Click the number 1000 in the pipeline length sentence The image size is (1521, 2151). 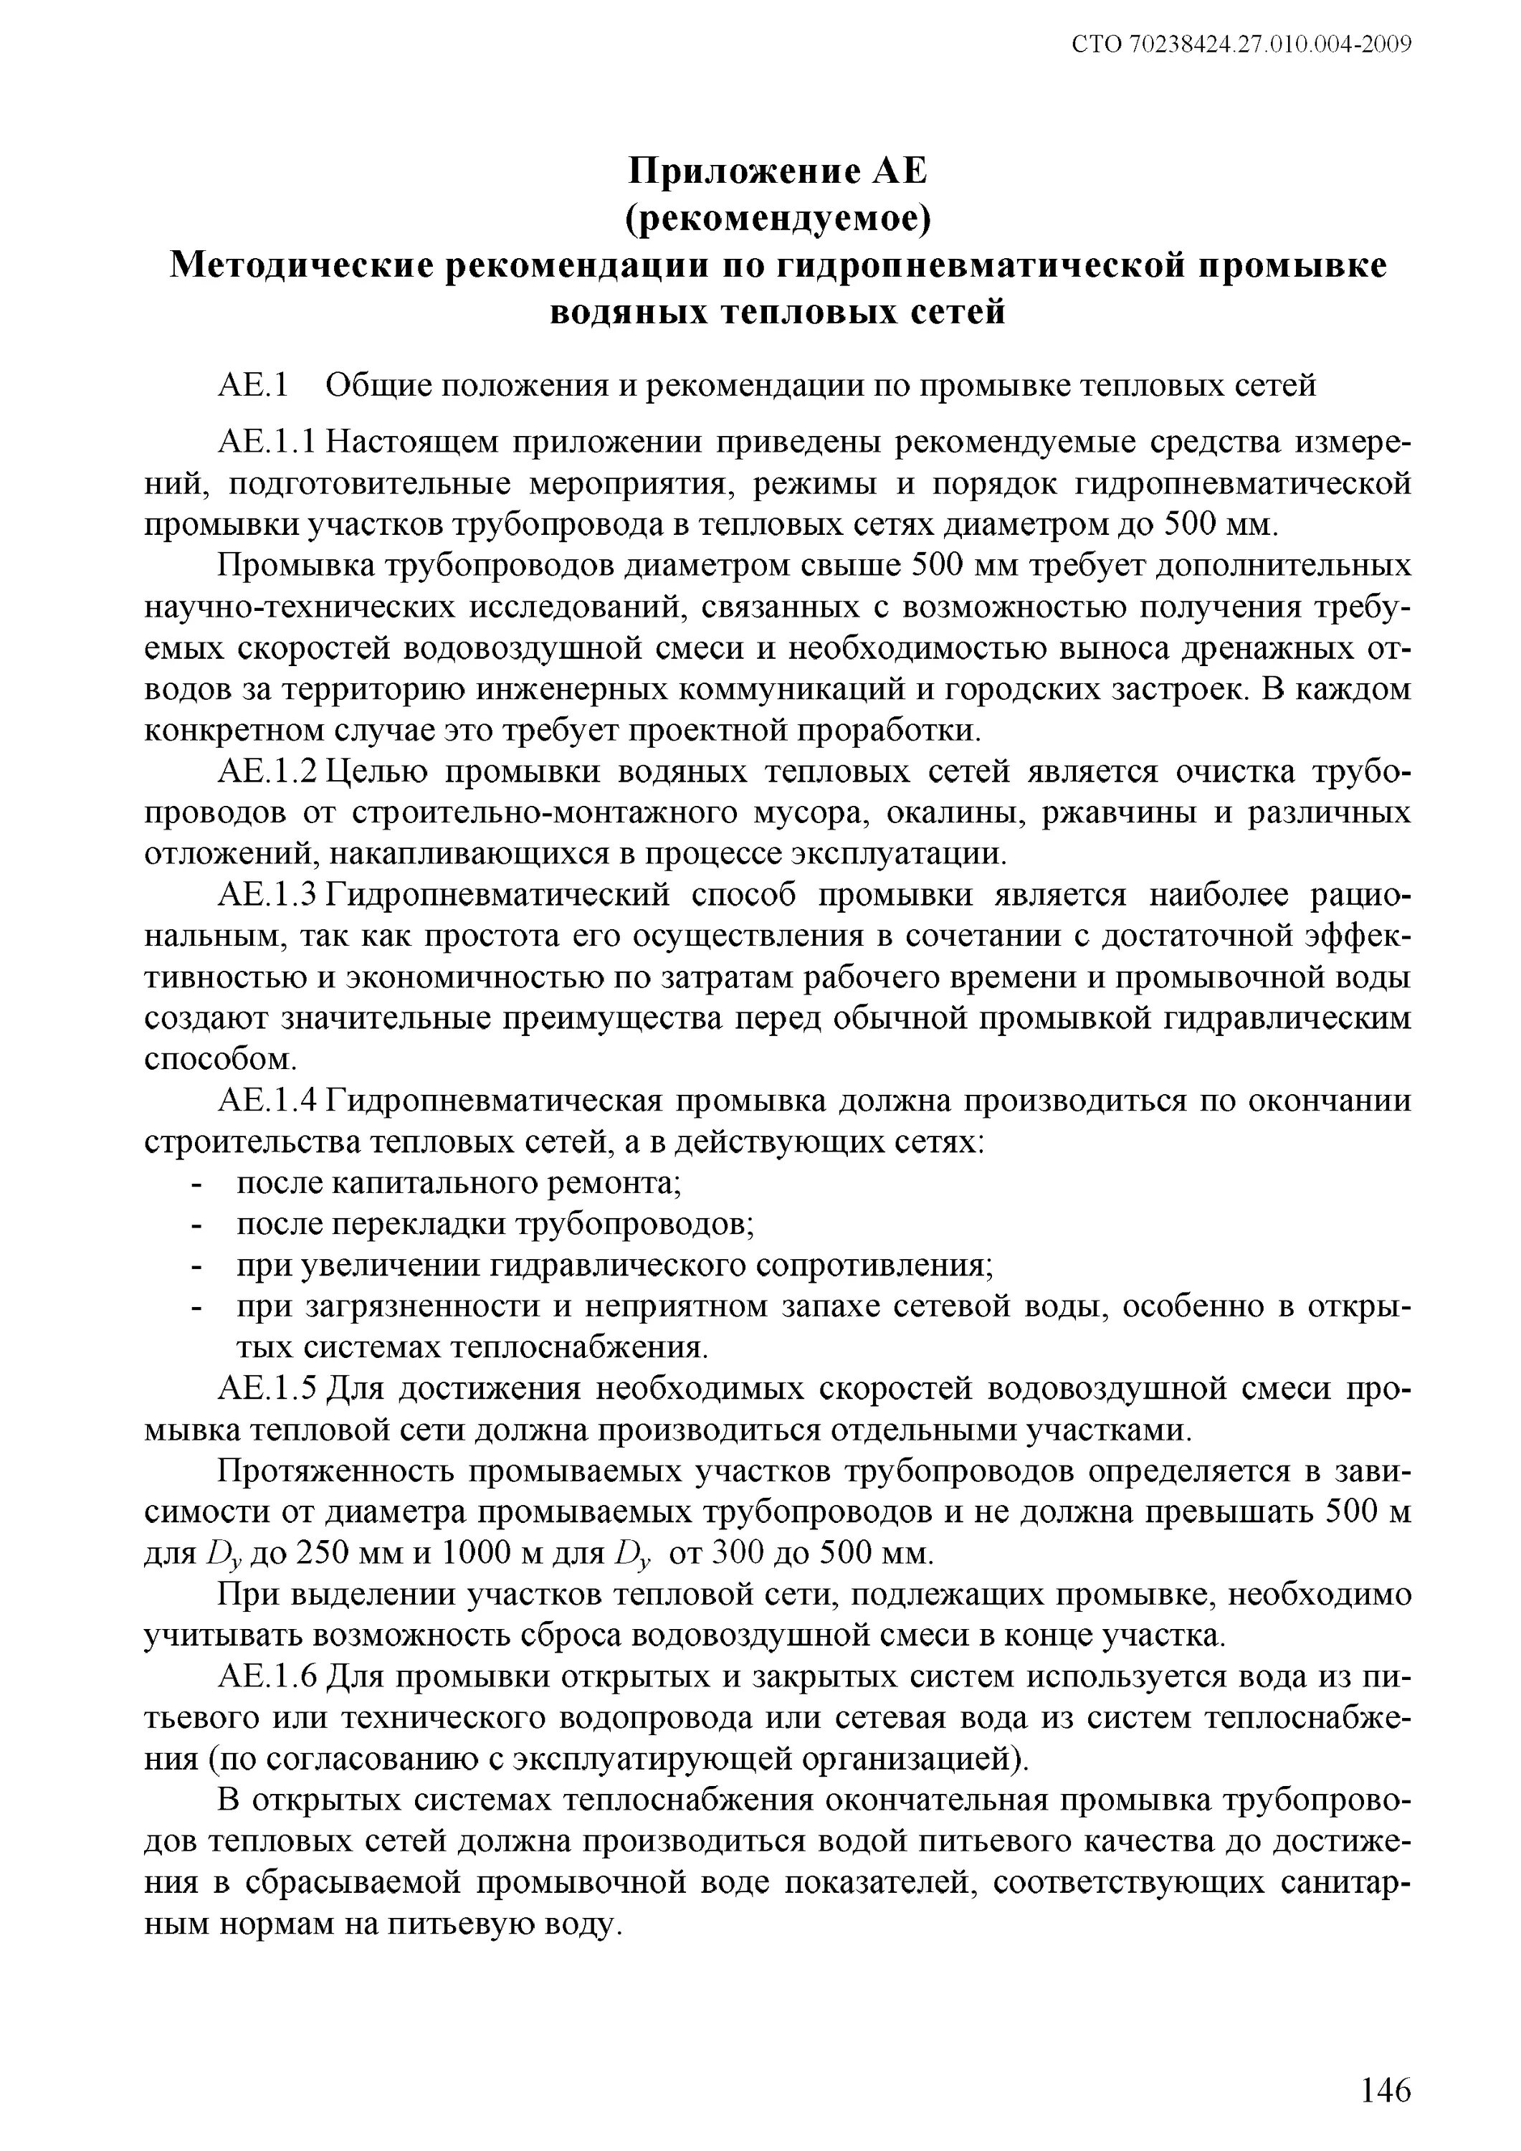tap(475, 1554)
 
